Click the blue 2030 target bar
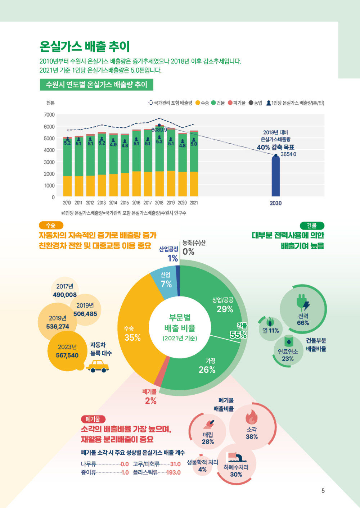(x=276, y=176)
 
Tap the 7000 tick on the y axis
(x=49, y=115)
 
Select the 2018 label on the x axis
(x=159, y=203)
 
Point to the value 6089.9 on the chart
(x=159, y=130)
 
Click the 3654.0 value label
(x=288, y=154)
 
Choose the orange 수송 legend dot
(x=198, y=103)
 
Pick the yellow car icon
(x=98, y=366)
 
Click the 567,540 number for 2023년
(x=67, y=355)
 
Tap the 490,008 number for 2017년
(x=65, y=295)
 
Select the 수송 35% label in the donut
(x=132, y=334)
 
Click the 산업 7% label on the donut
(x=166, y=280)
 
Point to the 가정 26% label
(x=207, y=366)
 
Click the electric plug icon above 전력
(x=303, y=303)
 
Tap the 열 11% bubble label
(x=271, y=331)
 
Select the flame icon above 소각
(x=251, y=417)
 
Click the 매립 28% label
(x=208, y=438)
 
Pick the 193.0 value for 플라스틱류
(x=173, y=472)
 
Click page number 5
(x=323, y=491)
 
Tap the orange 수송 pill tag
(x=51, y=226)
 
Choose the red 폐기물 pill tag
(x=93, y=419)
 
